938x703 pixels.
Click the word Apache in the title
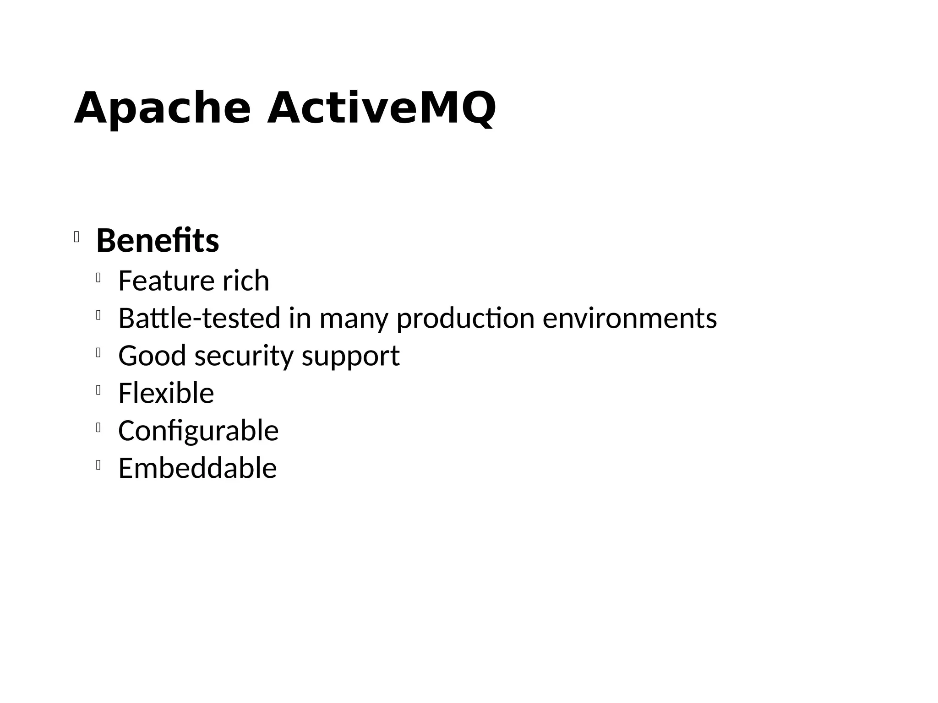pyautogui.click(x=162, y=108)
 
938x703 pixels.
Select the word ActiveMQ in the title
pyautogui.click(x=381, y=108)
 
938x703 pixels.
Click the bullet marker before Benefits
pyautogui.click(x=76, y=238)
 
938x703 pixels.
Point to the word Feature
pyautogui.click(x=166, y=281)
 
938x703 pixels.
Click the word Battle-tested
pyautogui.click(x=199, y=318)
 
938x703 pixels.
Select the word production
pyautogui.click(x=465, y=319)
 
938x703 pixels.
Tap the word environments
pyautogui.click(x=630, y=318)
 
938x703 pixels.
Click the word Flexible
pyautogui.click(x=166, y=393)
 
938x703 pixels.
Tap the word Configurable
pyautogui.click(x=198, y=431)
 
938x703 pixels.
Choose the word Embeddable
pyautogui.click(x=197, y=468)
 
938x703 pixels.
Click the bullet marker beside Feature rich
pyautogui.click(x=98, y=277)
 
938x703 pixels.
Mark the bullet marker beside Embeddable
pyautogui.click(x=98, y=465)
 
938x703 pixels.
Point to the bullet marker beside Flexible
pyautogui.click(x=98, y=390)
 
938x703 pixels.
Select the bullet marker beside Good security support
pyautogui.click(x=98, y=352)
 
